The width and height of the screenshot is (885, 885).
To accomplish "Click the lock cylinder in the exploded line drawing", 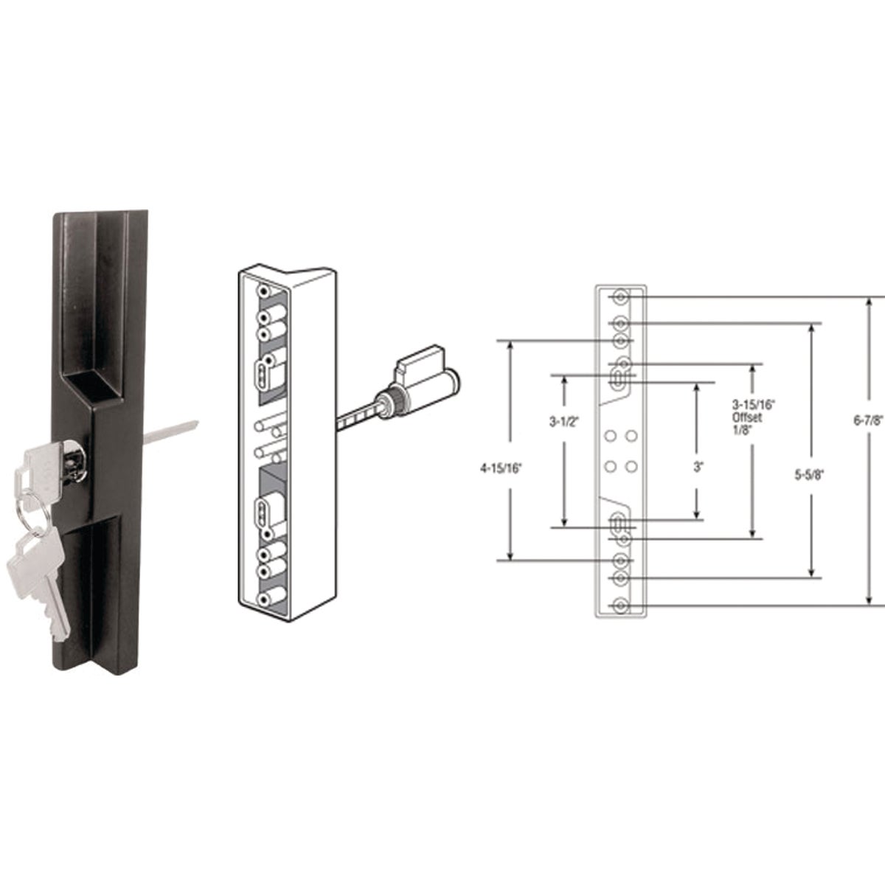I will [x=413, y=383].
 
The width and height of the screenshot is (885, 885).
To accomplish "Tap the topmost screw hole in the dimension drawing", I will [x=621, y=296].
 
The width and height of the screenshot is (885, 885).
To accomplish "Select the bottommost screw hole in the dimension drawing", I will [x=621, y=606].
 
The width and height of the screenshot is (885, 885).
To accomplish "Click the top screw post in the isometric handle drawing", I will [x=263, y=292].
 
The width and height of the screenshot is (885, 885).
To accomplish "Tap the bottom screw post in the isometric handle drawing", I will [x=263, y=599].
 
